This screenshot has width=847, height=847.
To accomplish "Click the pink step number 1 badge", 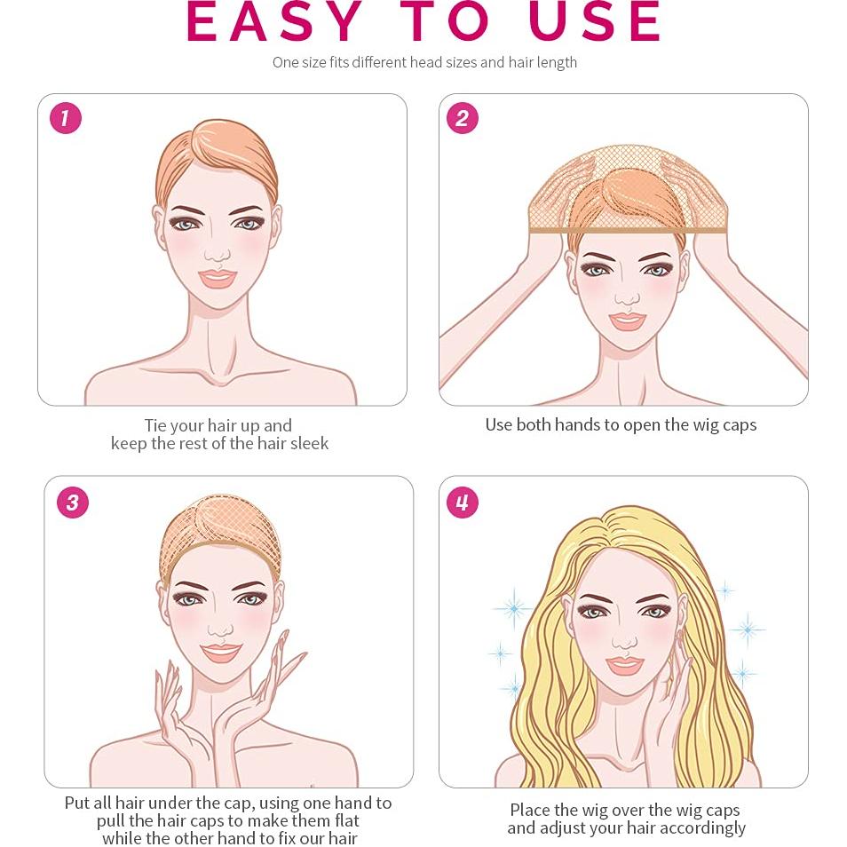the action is click(x=66, y=118).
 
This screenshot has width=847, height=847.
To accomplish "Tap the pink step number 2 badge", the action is click(x=463, y=118).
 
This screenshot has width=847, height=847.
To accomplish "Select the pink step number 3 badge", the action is click(x=73, y=503).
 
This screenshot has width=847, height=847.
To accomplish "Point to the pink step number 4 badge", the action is click(x=463, y=503).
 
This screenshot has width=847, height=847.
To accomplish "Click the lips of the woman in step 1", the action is click(x=218, y=278).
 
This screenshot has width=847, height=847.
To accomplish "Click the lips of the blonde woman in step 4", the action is click(x=624, y=664).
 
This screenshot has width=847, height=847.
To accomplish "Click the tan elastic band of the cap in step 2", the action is click(x=627, y=231).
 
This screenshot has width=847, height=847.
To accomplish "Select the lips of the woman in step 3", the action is click(x=220, y=653).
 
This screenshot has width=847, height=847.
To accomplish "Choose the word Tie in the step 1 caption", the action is click(x=155, y=425).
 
